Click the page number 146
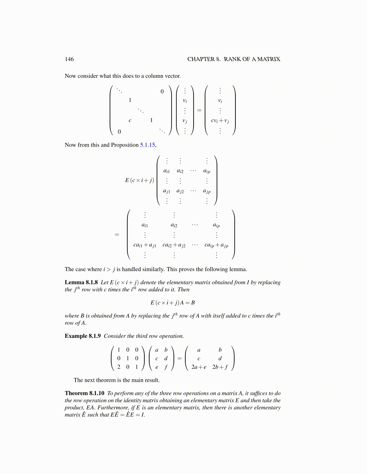click(x=69, y=59)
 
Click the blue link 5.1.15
click(x=148, y=145)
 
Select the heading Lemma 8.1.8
click(x=81, y=282)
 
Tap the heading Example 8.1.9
click(x=83, y=336)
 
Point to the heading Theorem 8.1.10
click(x=85, y=393)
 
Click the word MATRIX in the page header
click(x=269, y=59)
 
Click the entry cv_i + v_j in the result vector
click(x=220, y=121)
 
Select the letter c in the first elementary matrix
click(x=130, y=120)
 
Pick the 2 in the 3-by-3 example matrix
click(x=119, y=367)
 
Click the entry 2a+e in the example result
click(x=199, y=367)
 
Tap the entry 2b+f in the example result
click(x=220, y=367)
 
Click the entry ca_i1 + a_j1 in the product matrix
click(x=145, y=245)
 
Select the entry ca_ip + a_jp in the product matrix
click(x=216, y=245)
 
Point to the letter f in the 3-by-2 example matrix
click(x=166, y=367)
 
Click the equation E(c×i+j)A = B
click(x=173, y=303)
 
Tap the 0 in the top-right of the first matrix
click(x=162, y=92)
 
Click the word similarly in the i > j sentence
click(x=153, y=269)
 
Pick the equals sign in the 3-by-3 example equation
click(x=180, y=358)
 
